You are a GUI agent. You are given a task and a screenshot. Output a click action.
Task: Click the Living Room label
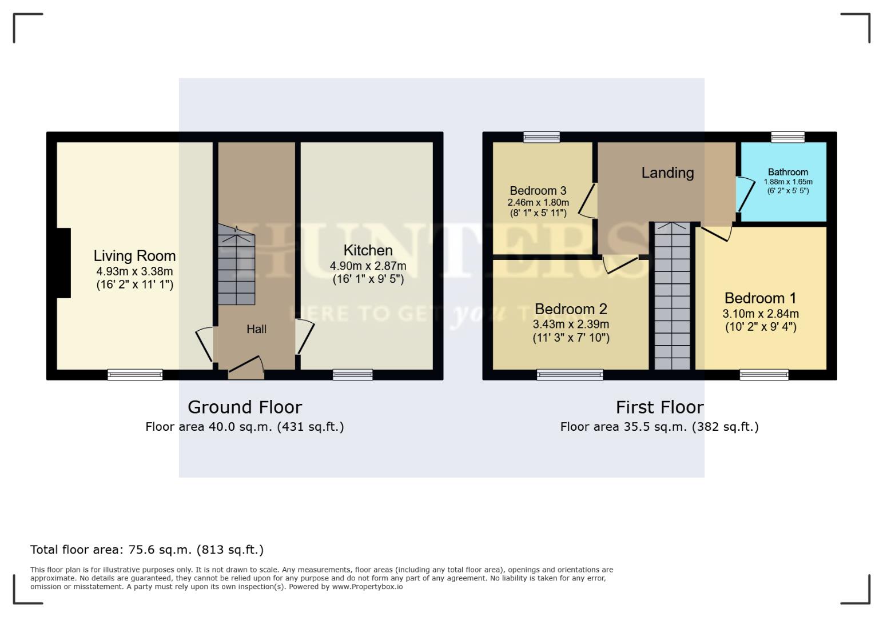click(x=134, y=256)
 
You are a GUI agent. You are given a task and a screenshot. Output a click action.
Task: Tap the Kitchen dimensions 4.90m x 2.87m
click(x=368, y=266)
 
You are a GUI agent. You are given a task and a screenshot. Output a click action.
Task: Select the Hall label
click(x=256, y=329)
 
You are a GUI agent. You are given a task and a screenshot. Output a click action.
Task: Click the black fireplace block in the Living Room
click(x=63, y=263)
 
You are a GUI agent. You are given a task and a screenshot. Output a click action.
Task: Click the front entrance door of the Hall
click(x=246, y=368)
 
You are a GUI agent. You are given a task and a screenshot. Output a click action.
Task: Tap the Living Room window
click(x=135, y=375)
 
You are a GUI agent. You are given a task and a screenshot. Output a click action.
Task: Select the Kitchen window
click(x=353, y=375)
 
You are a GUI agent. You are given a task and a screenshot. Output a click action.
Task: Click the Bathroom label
click(x=787, y=172)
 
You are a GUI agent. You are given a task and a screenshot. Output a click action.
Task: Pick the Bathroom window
click(x=787, y=137)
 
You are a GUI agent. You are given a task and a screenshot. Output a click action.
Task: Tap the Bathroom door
click(x=743, y=194)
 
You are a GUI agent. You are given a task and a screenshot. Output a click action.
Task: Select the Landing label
click(x=667, y=173)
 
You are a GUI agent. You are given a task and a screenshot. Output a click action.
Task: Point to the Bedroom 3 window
click(x=542, y=137)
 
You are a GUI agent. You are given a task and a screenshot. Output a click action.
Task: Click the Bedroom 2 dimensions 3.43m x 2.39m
click(x=571, y=324)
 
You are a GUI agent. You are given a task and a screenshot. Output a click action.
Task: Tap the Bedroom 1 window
click(x=764, y=375)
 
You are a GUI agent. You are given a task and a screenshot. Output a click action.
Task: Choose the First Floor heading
click(x=659, y=407)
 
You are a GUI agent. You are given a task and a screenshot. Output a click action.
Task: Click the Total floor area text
click(x=147, y=550)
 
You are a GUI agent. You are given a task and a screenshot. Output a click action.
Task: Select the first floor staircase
click(x=672, y=297)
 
